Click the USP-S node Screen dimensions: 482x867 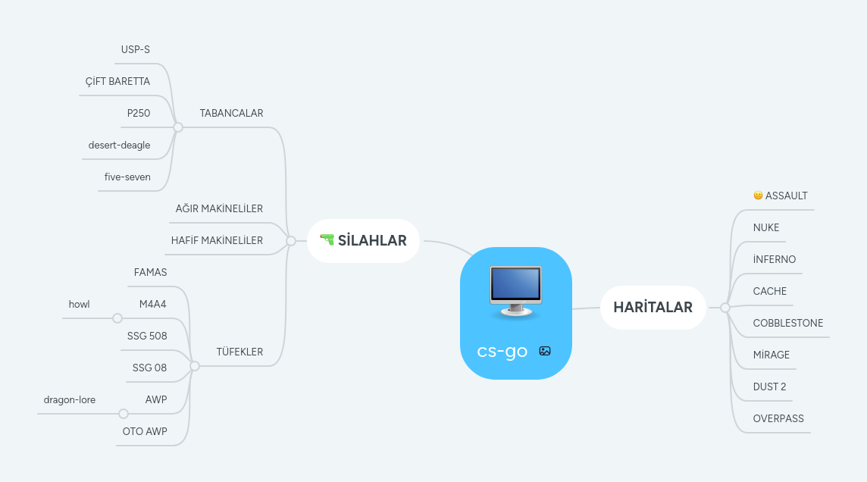pos(136,50)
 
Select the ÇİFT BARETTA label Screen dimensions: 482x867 pos(117,82)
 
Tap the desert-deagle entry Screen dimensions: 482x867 pos(119,146)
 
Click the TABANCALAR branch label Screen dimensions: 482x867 pos(231,114)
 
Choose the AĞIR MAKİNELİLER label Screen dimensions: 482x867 pos(219,209)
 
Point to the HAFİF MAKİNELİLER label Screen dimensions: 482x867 pos(217,241)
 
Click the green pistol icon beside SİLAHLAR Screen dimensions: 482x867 pos(327,240)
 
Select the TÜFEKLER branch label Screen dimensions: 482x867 pos(239,352)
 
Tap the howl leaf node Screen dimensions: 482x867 pos(79,305)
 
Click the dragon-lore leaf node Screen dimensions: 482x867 pos(70,400)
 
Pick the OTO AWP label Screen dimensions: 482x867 pos(145,432)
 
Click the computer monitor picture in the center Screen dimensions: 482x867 pos(515,292)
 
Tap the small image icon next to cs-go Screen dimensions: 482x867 pos(545,351)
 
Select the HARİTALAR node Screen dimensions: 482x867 pos(653,308)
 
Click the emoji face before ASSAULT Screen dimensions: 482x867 pos(758,196)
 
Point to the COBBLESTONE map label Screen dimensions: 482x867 pos(787,324)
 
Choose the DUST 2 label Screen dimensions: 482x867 pos(769,387)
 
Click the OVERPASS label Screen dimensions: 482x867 pos(778,419)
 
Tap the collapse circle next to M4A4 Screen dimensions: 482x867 pos(117,318)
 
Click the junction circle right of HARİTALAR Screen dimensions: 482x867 pos(725,308)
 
